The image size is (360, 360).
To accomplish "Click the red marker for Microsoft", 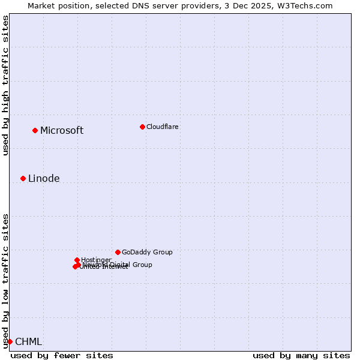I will pyautogui.click(x=35, y=130).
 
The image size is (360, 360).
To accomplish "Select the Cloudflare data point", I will pyautogui.click(x=142, y=127).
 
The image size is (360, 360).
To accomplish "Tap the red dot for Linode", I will pyautogui.click(x=23, y=178).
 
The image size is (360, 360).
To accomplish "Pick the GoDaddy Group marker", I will pyautogui.click(x=118, y=252).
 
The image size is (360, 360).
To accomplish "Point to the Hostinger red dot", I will pyautogui.click(x=77, y=260).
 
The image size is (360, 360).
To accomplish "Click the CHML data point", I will pyautogui.click(x=10, y=341).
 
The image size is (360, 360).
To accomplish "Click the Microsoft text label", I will pyautogui.click(x=62, y=131).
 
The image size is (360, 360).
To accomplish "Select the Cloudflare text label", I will pyautogui.click(x=162, y=127).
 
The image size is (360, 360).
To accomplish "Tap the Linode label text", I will pyautogui.click(x=44, y=179).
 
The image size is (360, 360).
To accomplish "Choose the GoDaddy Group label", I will pyautogui.click(x=147, y=253).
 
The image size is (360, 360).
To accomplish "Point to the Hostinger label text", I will pyautogui.click(x=96, y=260).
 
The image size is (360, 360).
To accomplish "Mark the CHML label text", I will pyautogui.click(x=28, y=342).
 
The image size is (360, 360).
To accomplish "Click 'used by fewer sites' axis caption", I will pyautogui.click(x=62, y=355).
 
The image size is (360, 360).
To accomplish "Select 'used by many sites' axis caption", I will pyautogui.click(x=301, y=355).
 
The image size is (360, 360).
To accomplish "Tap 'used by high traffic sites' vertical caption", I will pyautogui.click(x=5, y=85).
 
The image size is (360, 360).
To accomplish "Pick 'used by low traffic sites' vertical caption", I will pyautogui.click(x=5, y=280).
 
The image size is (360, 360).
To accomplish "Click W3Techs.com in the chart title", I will pyautogui.click(x=307, y=5).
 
